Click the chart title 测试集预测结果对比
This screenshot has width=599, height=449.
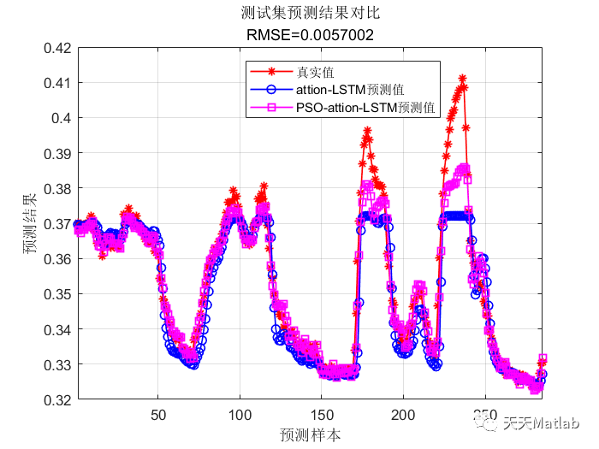[x=309, y=15]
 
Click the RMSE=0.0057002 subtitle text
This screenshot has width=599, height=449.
[x=309, y=35]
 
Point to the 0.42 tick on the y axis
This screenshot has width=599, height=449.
[x=56, y=48]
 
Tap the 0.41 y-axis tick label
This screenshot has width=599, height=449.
[x=56, y=83]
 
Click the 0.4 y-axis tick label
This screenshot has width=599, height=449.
[x=60, y=118]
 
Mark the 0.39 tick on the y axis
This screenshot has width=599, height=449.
[x=56, y=153]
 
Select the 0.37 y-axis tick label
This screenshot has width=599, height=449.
[x=56, y=223]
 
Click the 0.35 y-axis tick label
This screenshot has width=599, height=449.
[x=56, y=294]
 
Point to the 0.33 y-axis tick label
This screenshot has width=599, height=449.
[x=56, y=364]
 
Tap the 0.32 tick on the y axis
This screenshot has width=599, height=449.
[x=56, y=399]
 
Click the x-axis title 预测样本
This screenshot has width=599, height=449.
[x=310, y=434]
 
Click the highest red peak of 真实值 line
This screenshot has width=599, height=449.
[x=463, y=78]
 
